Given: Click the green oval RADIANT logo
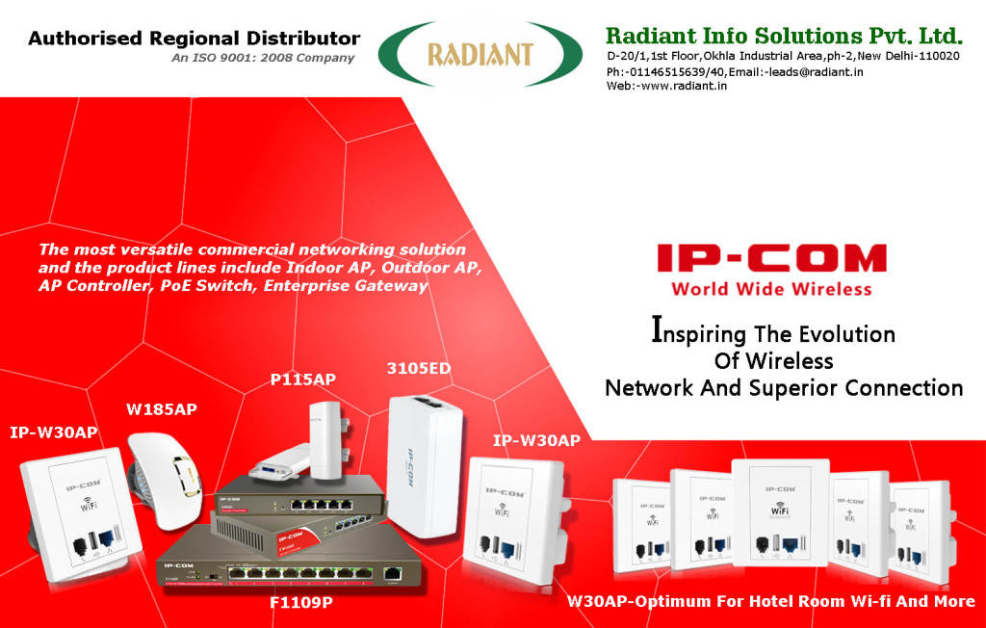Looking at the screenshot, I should (x=480, y=54).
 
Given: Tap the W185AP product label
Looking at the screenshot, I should (x=162, y=409).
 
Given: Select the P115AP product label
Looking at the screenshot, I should (x=302, y=379).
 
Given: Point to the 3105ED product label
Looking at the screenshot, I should (x=418, y=368).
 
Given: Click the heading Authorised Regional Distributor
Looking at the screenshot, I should (x=194, y=39).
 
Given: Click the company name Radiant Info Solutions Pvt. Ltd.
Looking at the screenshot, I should (x=784, y=37).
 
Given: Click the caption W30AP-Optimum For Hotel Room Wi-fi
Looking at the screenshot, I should (x=770, y=602).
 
